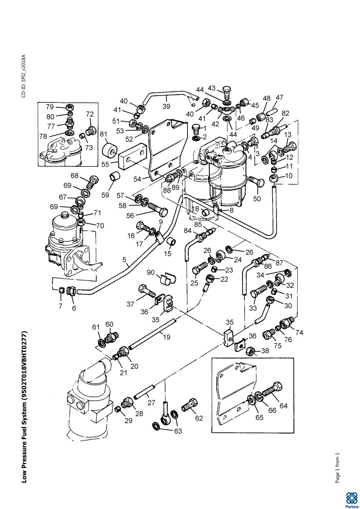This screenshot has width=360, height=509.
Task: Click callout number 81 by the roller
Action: tap(104, 134)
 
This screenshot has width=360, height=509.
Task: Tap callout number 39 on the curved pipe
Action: tap(166, 106)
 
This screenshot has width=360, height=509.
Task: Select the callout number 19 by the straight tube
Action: tap(167, 337)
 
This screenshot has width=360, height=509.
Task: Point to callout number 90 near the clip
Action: tap(151, 272)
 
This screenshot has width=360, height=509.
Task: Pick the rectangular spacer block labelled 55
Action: tap(132, 156)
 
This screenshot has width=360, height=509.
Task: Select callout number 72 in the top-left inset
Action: tap(90, 114)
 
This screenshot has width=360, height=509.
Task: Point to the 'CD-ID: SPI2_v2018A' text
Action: tap(23, 76)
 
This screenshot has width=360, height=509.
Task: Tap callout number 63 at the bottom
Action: tap(178, 431)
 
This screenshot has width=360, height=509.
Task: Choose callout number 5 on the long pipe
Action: tap(124, 259)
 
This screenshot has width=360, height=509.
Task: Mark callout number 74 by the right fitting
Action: tap(299, 332)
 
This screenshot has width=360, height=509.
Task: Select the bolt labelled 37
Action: tap(147, 291)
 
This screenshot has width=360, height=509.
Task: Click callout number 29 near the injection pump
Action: tap(129, 421)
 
